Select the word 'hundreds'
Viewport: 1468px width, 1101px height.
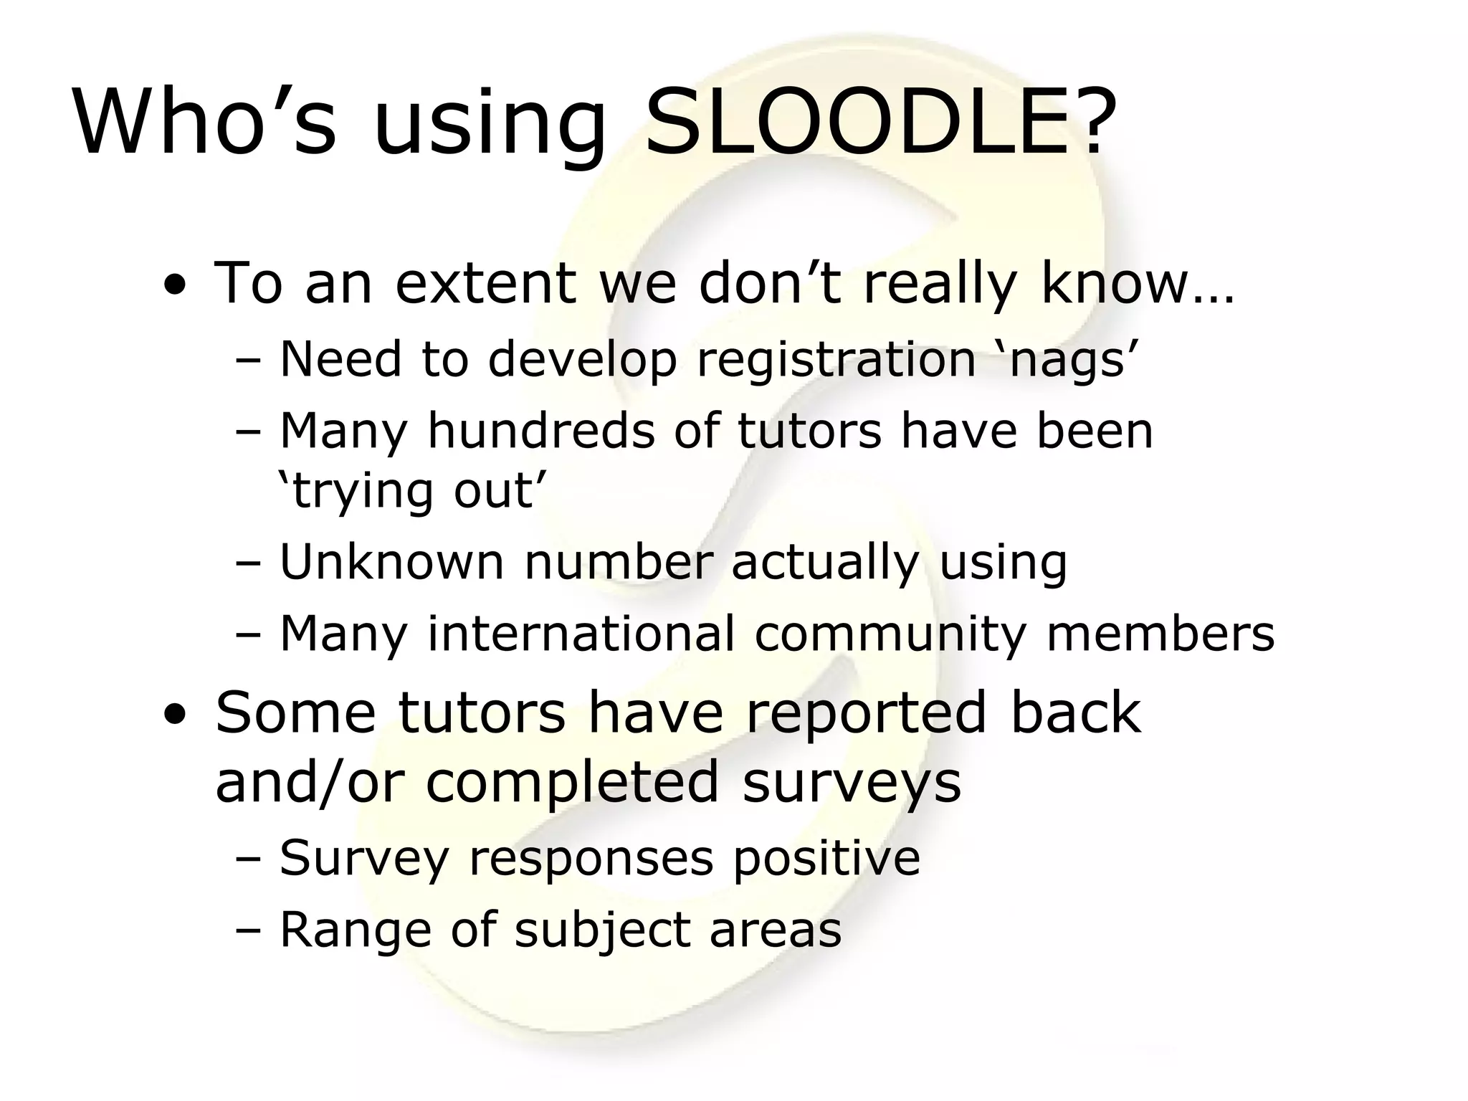point(541,431)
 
